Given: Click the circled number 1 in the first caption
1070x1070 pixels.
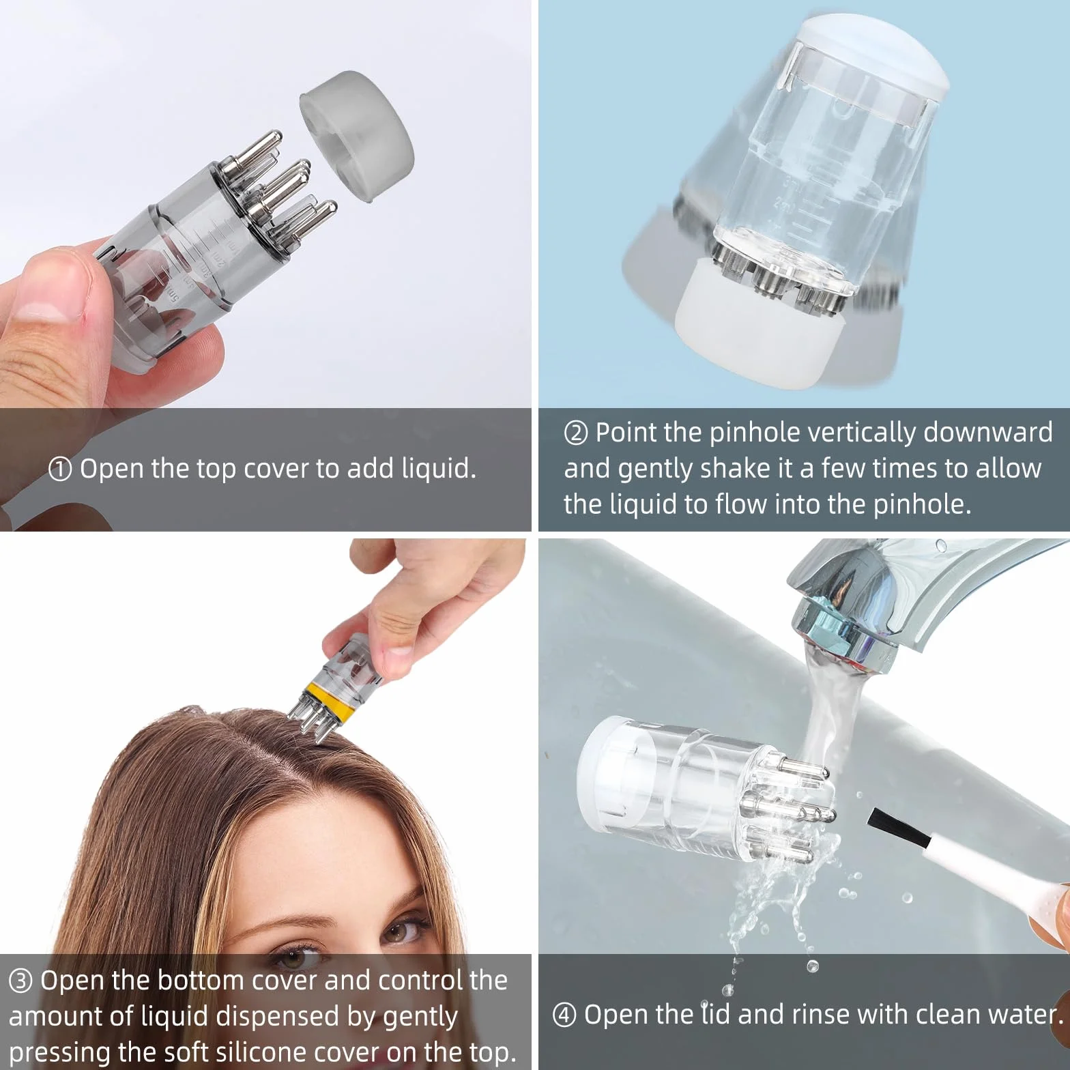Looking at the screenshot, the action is [60, 469].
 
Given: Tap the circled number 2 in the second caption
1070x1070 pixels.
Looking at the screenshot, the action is [576, 433].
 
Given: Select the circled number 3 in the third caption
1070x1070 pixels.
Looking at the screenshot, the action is [20, 981].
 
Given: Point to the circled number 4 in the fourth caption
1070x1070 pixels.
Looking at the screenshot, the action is [564, 1015].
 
